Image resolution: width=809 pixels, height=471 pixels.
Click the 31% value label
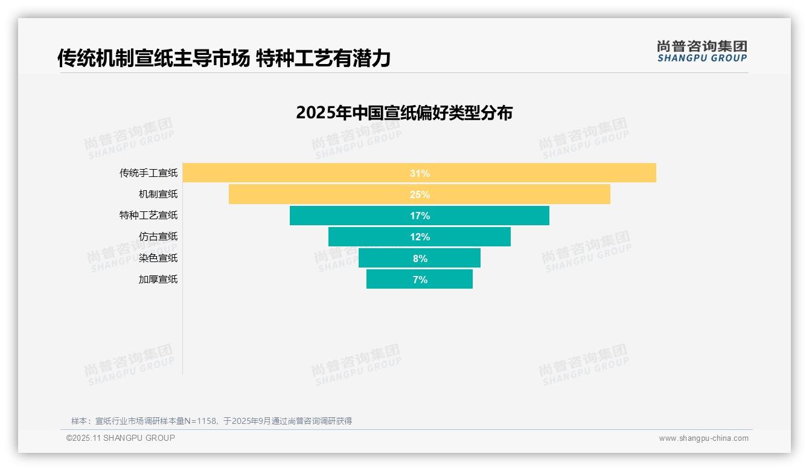[x=420, y=173]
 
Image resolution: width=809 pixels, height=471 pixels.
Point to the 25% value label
[x=420, y=194]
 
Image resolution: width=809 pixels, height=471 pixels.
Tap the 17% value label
[x=420, y=216]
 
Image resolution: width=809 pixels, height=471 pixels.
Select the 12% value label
[x=420, y=237]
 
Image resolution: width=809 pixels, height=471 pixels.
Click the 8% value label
[x=420, y=258]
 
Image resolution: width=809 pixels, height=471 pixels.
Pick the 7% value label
[x=420, y=280]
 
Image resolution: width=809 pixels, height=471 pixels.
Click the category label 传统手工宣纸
[x=149, y=173]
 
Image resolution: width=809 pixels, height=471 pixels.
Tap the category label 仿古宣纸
[x=158, y=237]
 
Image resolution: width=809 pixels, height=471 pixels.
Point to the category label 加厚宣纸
[x=158, y=279]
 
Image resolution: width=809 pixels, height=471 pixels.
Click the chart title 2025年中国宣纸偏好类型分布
[x=404, y=113]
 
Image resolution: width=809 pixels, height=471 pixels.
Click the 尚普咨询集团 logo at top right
[x=702, y=51]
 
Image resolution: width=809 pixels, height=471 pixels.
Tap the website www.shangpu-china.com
[x=703, y=438]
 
